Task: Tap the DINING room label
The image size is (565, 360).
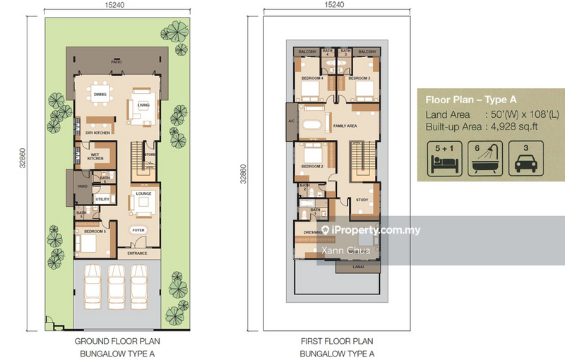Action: pyautogui.click(x=100, y=94)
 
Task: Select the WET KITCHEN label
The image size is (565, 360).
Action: pyautogui.click(x=95, y=157)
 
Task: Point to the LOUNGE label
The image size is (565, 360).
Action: pyautogui.click(x=144, y=193)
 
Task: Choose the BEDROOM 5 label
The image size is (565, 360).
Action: pyautogui.click(x=95, y=232)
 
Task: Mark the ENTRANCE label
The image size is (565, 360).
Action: pyautogui.click(x=136, y=252)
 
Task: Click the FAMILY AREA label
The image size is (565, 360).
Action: pyautogui.click(x=344, y=126)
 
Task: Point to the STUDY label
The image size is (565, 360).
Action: pyautogui.click(x=363, y=200)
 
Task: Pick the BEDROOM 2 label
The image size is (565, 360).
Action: pyautogui.click(x=312, y=167)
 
